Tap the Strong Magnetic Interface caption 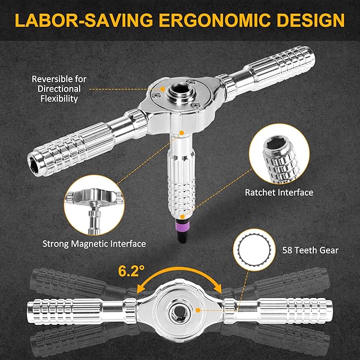coord(94,244)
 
